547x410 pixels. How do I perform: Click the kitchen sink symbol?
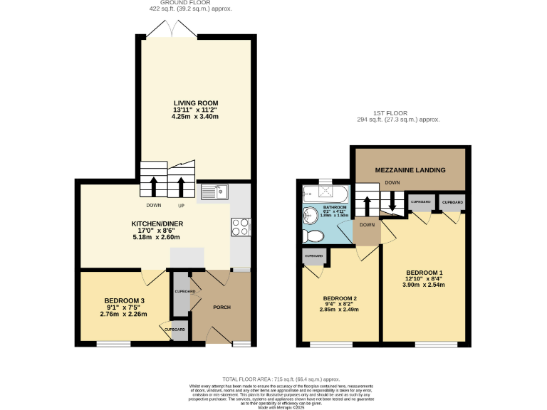[x=214, y=191]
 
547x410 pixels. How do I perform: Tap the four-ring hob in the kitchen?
[x=239, y=227]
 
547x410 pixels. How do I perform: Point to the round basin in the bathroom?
[x=311, y=216]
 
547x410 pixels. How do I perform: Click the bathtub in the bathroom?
[x=325, y=193]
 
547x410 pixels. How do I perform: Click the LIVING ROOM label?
[x=194, y=103]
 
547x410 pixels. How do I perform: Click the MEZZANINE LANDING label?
[x=410, y=170]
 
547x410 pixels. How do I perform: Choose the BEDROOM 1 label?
[x=424, y=273]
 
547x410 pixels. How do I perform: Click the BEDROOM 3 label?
[x=124, y=300]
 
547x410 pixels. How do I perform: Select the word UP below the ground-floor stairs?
[x=181, y=206]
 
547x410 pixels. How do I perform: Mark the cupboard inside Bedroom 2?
[x=314, y=256]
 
